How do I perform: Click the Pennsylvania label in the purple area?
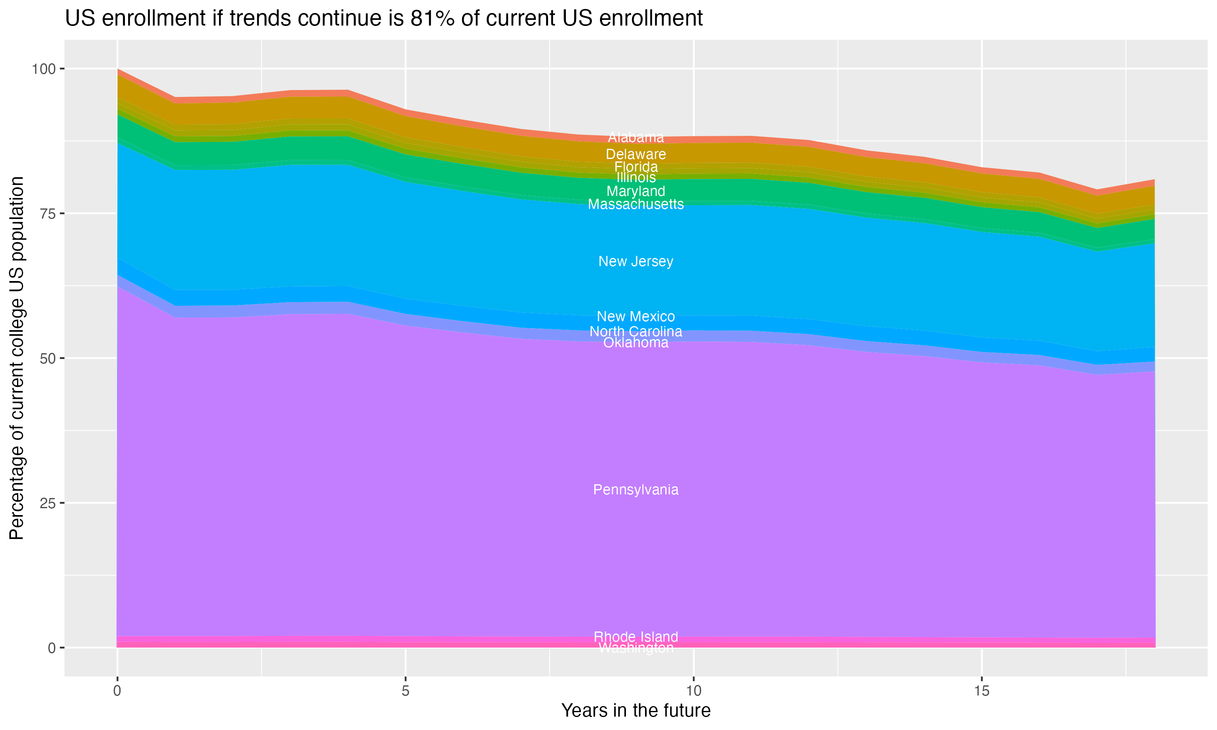(636, 490)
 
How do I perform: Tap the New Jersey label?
(636, 261)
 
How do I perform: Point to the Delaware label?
(636, 154)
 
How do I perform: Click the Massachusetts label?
(636, 204)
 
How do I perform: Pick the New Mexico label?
(636, 316)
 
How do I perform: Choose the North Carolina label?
(636, 332)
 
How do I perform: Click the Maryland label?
(636, 191)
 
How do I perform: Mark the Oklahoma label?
(636, 343)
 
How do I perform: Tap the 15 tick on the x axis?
(982, 691)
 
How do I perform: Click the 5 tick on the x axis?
(405, 691)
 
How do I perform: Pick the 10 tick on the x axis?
(693, 691)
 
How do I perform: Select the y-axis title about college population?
(17, 358)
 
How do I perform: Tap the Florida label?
(636, 167)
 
